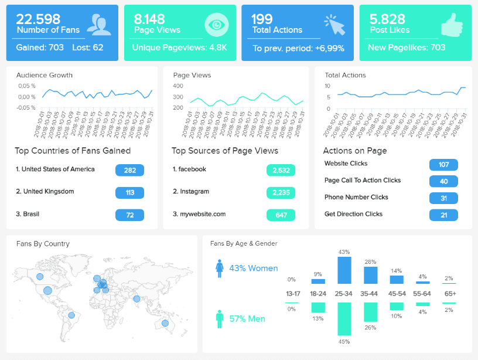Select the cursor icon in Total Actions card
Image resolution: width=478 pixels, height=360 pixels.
(334, 25)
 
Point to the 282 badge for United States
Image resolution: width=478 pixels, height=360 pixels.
(129, 170)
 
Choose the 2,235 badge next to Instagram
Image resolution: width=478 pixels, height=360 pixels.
(281, 192)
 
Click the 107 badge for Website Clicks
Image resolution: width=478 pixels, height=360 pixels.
(443, 165)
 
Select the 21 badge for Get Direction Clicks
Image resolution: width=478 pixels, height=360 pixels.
(443, 215)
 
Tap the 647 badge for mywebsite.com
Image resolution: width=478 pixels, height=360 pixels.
(281, 215)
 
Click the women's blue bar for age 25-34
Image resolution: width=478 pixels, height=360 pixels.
(344, 270)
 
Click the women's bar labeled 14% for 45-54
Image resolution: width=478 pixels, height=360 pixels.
(397, 280)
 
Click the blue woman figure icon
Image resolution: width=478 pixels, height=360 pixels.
(220, 269)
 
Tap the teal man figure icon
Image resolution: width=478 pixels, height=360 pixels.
(220, 320)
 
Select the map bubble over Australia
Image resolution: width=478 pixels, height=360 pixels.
(165, 323)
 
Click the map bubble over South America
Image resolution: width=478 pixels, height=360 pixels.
(71, 315)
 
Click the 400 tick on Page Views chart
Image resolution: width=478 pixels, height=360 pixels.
(178, 86)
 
